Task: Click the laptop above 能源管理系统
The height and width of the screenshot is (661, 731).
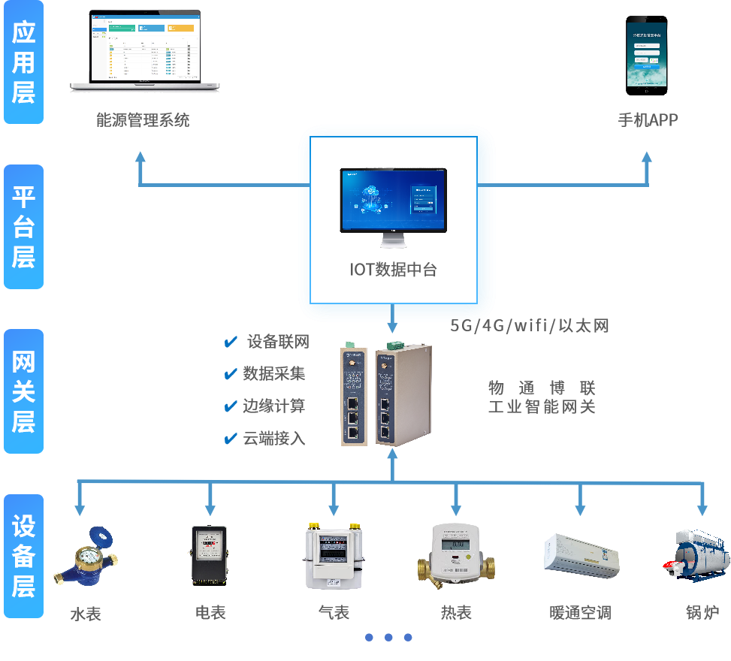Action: pos(145,51)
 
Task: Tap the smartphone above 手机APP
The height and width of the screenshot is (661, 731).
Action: pos(647,54)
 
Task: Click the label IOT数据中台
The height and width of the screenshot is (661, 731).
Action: pos(393,270)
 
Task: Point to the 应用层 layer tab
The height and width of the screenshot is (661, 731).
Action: pos(23,62)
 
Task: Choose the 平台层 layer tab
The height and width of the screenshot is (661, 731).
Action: pos(23,227)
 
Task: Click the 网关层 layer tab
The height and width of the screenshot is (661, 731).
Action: pos(23,391)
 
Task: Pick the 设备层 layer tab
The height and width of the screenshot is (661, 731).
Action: pos(23,556)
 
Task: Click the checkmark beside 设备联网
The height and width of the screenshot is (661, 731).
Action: pos(231,343)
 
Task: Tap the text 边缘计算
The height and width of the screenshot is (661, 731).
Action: pos(274,406)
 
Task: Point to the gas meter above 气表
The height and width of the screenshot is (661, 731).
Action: pos(333,557)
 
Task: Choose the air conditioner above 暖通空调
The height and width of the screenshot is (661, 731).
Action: pos(581,557)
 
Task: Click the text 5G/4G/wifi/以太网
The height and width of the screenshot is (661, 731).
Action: pos(530,325)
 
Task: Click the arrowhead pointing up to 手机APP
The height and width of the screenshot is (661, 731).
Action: pos(648,158)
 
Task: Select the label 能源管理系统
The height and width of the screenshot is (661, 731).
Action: pos(143,119)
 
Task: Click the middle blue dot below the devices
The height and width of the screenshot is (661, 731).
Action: pos(388,637)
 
